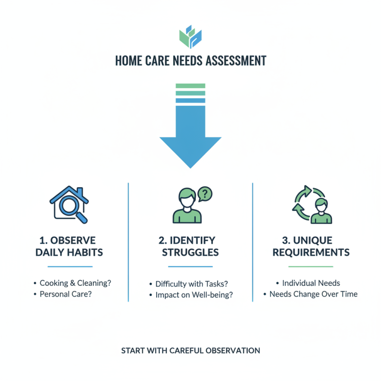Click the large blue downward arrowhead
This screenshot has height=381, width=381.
190,148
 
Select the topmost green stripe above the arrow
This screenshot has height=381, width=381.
190,86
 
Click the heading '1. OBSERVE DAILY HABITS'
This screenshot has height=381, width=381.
70,246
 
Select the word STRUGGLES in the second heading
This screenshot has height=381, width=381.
190,252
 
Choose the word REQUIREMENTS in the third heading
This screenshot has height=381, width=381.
311,252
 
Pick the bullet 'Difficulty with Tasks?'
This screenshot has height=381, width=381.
188,284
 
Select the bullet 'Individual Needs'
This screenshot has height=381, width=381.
311,283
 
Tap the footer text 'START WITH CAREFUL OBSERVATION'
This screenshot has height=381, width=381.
190,351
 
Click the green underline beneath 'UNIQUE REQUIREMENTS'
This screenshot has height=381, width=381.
311,266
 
